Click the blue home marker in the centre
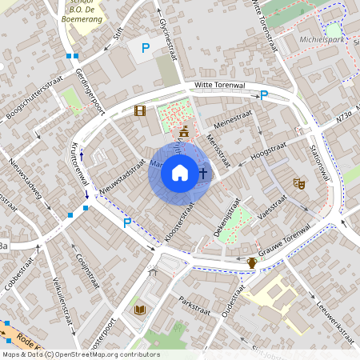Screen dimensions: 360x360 180,172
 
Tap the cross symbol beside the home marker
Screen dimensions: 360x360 202,172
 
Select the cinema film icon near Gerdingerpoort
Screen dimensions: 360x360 140,111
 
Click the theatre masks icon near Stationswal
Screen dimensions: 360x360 299,183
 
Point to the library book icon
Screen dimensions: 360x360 140,310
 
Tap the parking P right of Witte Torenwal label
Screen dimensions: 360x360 263,96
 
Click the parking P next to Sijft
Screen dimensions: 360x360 145,48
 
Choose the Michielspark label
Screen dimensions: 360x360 322,38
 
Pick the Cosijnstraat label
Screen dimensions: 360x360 87,261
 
